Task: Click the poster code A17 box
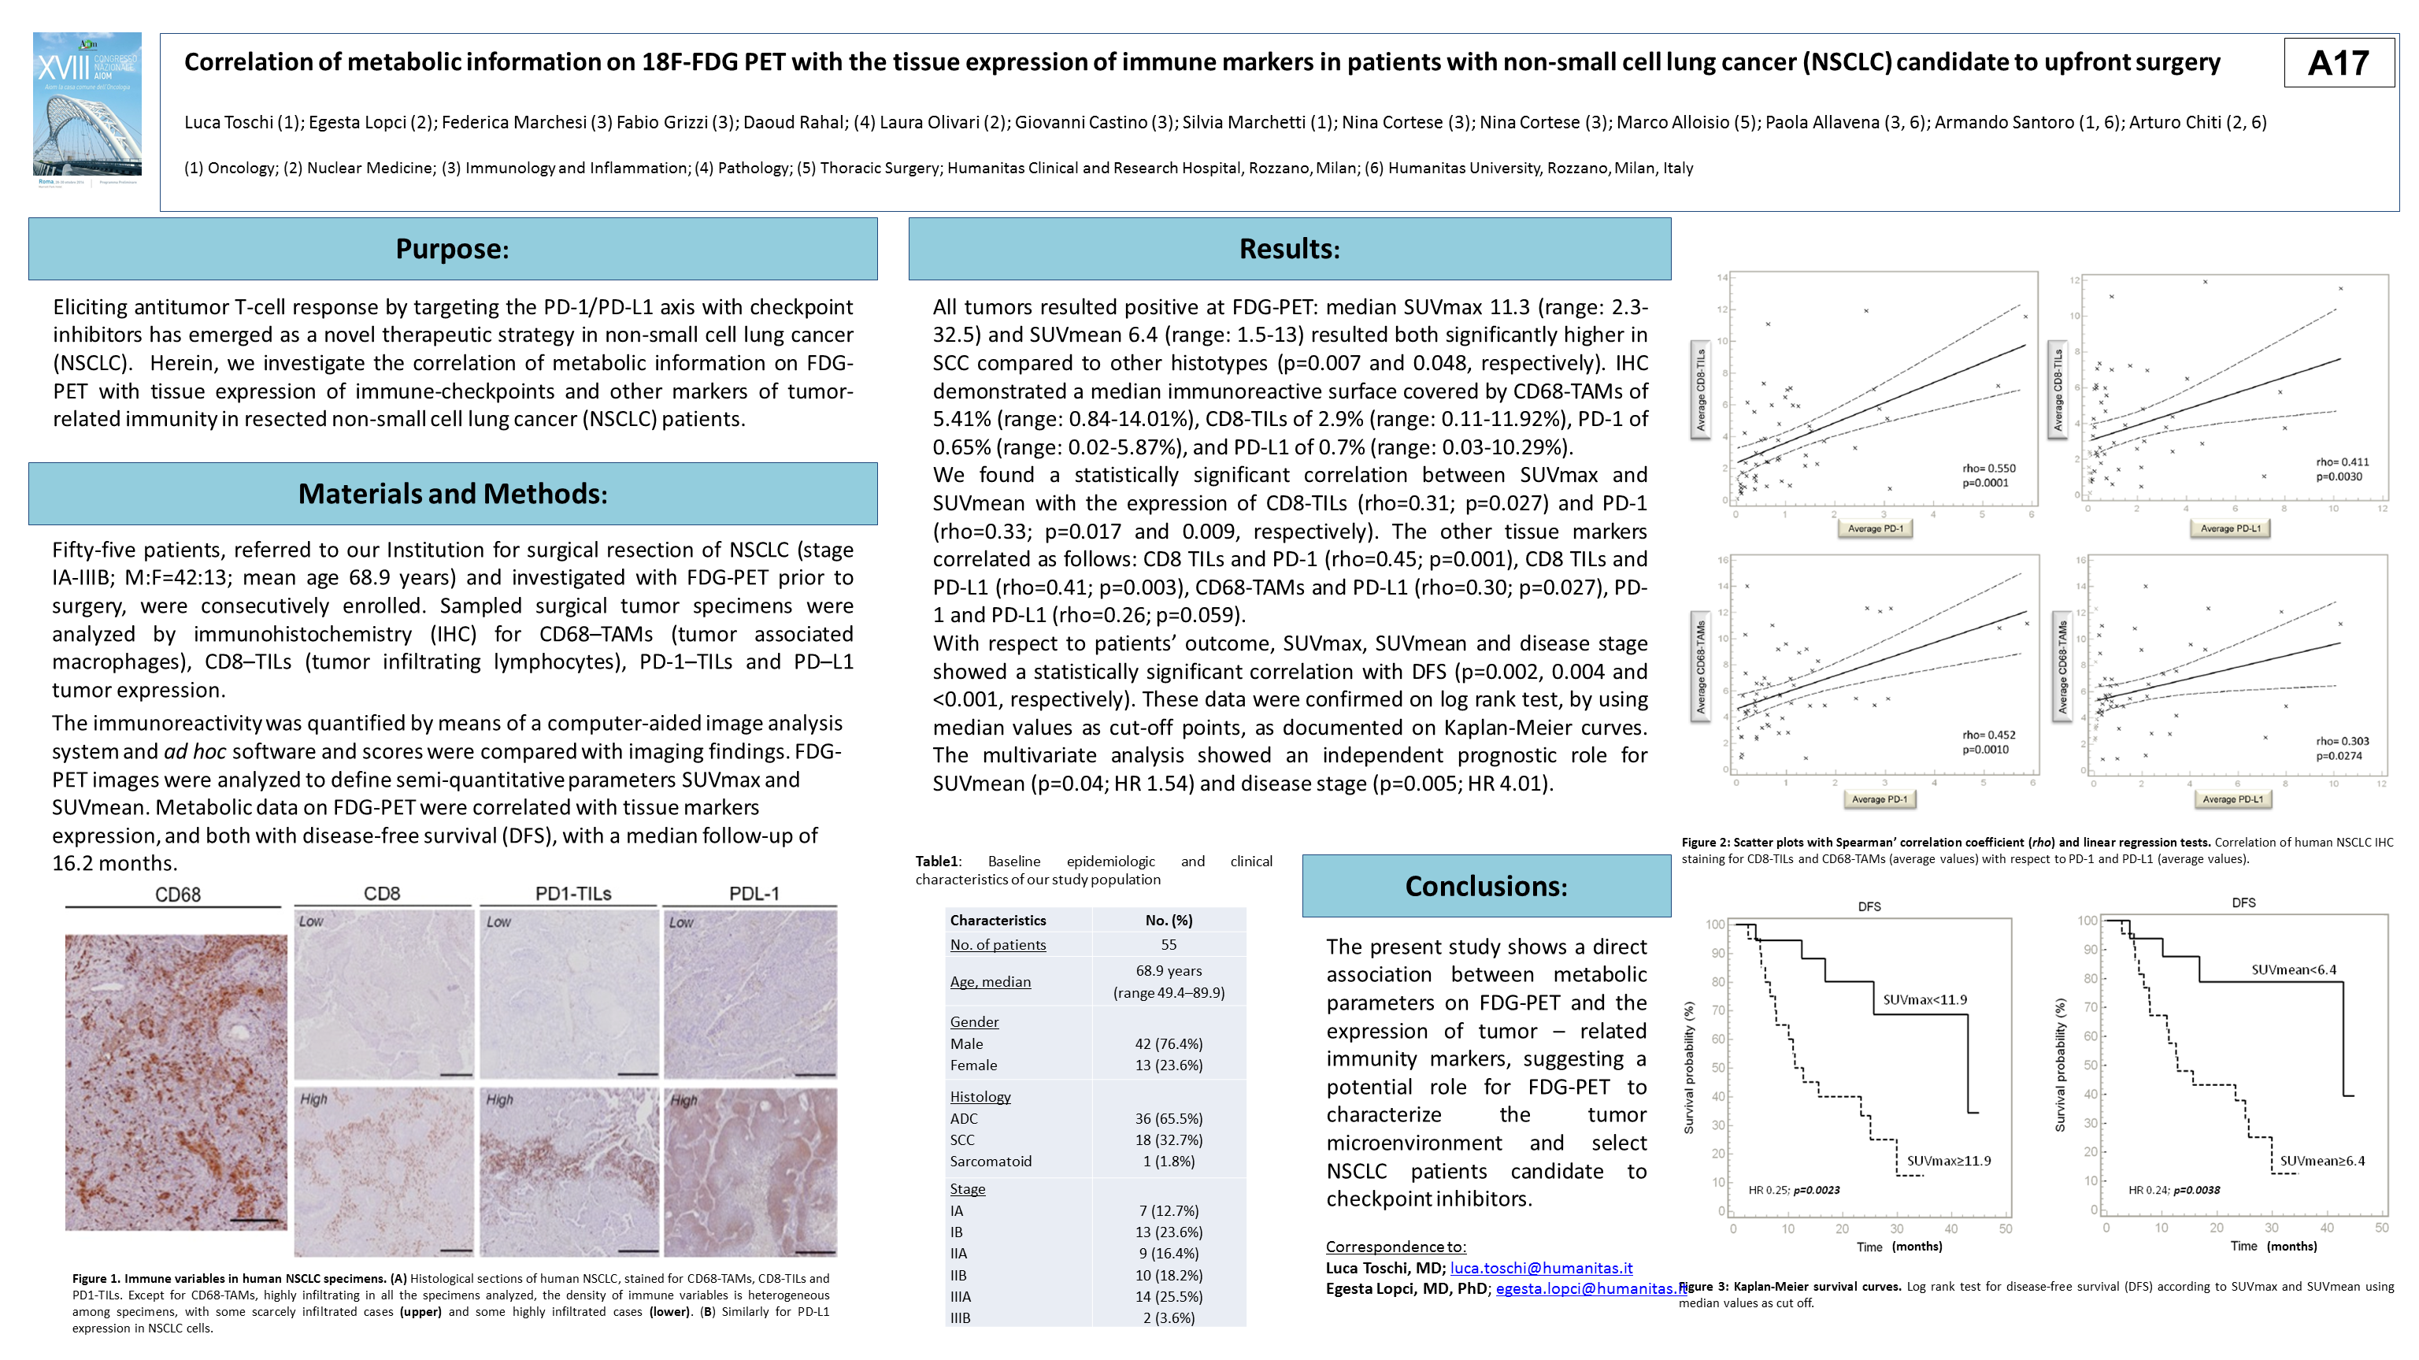2338,63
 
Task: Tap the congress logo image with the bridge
87,106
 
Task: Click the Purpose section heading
452,249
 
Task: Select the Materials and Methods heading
452,493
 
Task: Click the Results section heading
1288,249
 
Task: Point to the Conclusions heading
1486,886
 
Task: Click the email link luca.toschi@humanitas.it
1541,1267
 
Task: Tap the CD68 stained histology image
176,1081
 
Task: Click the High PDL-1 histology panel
750,1171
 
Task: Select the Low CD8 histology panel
383,993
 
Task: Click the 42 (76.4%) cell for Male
1169,1043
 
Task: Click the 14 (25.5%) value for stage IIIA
1169,1296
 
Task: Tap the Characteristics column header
997,920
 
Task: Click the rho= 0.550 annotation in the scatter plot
1988,468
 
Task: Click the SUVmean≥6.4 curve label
2321,1161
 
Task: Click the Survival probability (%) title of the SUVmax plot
1688,1067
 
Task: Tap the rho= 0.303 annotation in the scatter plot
2342,741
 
